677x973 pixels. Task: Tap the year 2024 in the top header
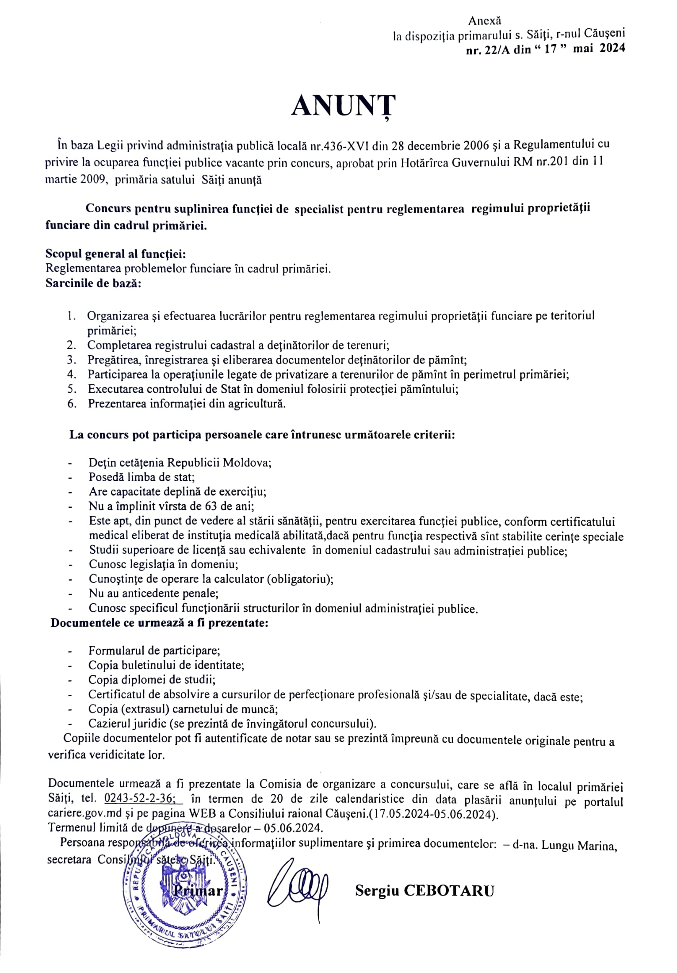pyautogui.click(x=612, y=49)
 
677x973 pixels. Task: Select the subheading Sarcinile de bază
pyautogui.click(x=93, y=283)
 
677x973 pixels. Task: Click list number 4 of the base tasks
pyautogui.click(x=73, y=375)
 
